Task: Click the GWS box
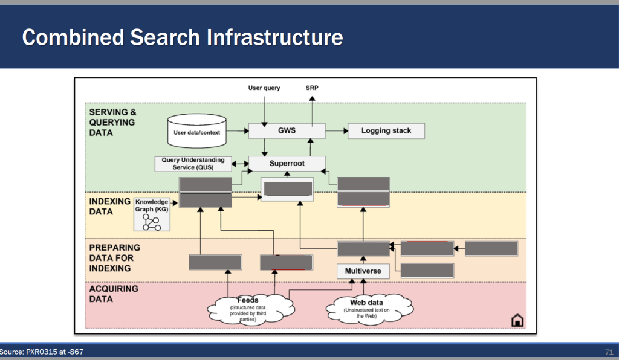[287, 130]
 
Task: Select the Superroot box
[287, 163]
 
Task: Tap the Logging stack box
[386, 130]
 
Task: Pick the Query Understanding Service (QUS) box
[193, 163]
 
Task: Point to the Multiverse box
[363, 271]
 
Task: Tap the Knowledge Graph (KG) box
[151, 214]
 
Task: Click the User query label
[264, 88]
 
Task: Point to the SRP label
[312, 88]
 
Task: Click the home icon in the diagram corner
[517, 320]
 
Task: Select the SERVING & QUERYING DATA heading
[112, 122]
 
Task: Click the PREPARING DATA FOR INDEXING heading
[115, 257]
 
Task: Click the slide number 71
[609, 352]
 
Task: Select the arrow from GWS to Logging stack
[336, 130]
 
